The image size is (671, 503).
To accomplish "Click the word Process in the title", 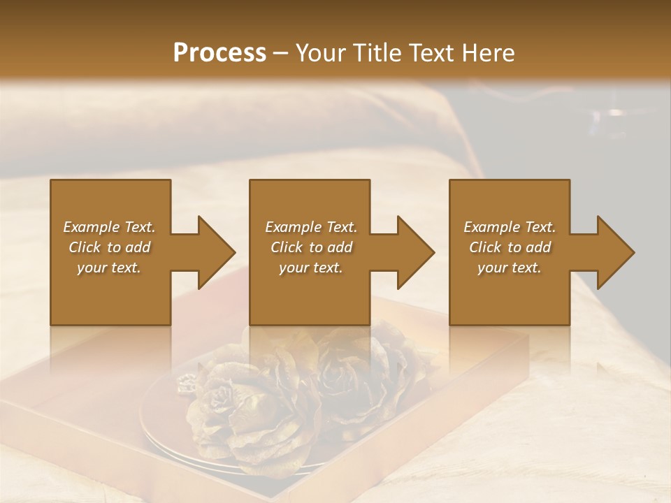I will point(219,52).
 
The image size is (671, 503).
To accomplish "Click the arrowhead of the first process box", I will point(217,252).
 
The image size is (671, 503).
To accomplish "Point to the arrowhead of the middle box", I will point(416,252).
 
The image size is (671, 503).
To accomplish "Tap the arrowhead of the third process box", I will point(616,252).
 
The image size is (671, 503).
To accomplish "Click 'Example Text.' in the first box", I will point(109,227).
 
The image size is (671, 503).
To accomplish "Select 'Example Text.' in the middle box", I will point(311,227).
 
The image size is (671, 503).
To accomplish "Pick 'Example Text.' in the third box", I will point(510,227).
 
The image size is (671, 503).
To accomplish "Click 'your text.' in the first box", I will point(109,268).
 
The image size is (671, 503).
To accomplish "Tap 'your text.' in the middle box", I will point(311,268).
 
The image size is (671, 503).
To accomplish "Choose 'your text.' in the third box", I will point(510,268).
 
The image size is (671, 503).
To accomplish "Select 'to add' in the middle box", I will point(331,247).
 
